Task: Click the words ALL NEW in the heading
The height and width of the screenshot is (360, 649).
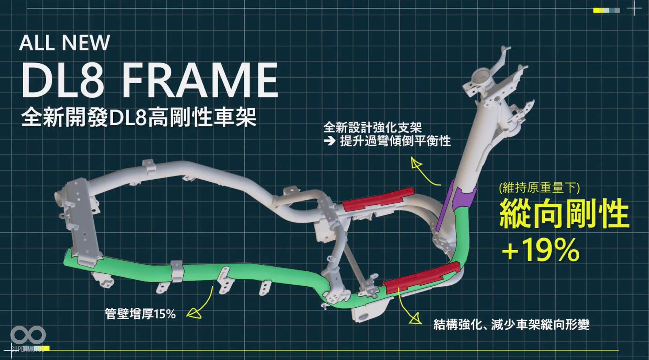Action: [x=64, y=43]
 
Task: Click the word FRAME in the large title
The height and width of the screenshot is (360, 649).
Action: [x=200, y=81]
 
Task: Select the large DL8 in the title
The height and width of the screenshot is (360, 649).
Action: [x=62, y=81]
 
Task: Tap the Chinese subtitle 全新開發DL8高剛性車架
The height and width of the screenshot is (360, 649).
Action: [x=139, y=117]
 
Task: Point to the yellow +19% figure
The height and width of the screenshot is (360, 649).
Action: [x=541, y=250]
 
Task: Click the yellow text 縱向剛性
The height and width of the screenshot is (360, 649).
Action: [x=564, y=214]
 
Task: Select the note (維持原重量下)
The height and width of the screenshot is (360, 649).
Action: [x=539, y=188]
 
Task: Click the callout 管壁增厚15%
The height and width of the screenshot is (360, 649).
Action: [x=140, y=314]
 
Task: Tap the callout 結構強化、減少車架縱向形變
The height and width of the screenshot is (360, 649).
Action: [x=511, y=325]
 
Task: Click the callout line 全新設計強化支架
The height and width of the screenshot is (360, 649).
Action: [x=373, y=127]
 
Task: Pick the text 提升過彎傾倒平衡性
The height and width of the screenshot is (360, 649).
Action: [x=395, y=141]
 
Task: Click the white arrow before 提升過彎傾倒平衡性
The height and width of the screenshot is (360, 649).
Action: [x=330, y=141]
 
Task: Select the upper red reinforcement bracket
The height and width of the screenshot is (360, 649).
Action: [x=378, y=199]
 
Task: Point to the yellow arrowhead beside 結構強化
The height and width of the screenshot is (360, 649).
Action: [x=415, y=319]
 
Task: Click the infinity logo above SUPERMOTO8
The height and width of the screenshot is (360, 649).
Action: [x=28, y=335]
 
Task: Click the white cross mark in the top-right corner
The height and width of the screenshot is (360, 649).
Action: [x=634, y=8]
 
